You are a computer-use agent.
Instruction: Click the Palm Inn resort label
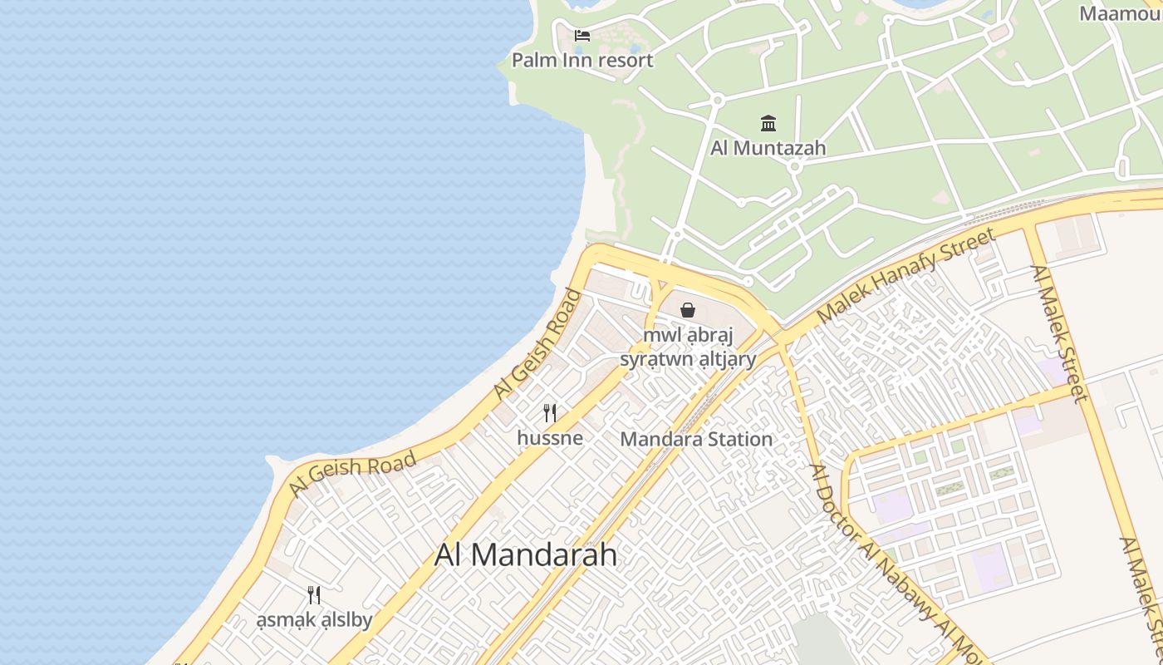[x=582, y=60]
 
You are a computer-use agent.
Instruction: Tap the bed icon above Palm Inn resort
[x=582, y=36]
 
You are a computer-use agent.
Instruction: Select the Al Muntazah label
[x=768, y=148]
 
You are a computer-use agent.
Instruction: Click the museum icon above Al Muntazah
[x=768, y=124]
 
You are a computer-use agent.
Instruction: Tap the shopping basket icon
[x=688, y=311]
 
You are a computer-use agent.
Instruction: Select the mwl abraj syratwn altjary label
[x=688, y=347]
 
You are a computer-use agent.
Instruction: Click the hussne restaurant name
[x=550, y=437]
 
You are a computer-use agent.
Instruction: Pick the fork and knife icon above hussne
[x=550, y=412]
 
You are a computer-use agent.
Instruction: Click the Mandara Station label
[x=696, y=439]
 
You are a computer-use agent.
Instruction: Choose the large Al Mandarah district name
[x=526, y=555]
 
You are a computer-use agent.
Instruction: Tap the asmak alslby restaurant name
[x=314, y=620]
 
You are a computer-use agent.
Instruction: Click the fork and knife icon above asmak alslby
[x=314, y=595]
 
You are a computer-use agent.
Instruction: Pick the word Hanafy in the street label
[x=912, y=271]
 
